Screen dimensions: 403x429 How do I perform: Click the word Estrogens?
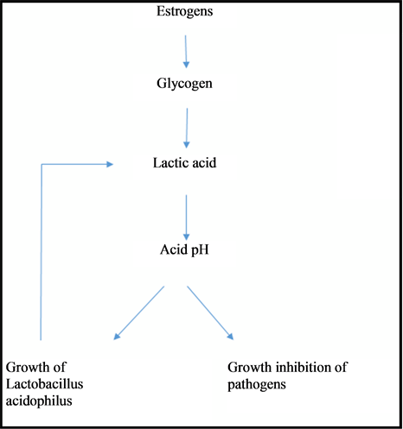pos(185,12)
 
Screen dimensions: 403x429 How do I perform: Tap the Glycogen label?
pos(184,84)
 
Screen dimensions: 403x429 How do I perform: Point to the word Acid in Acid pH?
pos(174,249)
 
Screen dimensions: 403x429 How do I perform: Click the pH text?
pos(200,250)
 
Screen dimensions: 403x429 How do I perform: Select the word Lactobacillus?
pos(45,384)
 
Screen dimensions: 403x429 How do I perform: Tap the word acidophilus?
pos(39,401)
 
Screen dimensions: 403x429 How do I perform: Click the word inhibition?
pos(304,368)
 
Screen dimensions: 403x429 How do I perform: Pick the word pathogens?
pos(257,385)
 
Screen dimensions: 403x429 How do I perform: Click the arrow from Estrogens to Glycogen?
pos(186,52)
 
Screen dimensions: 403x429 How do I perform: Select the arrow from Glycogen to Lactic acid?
pos(187,128)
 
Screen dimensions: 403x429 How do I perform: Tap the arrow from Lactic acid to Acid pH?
pos(186,218)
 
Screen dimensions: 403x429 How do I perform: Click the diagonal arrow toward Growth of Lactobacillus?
pos(139,313)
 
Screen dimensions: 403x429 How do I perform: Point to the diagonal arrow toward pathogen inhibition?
pos(210,313)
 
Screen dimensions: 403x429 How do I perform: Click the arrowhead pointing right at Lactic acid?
pos(110,164)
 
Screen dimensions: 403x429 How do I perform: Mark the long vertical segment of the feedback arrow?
pos(42,252)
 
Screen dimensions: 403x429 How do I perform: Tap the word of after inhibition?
pos(342,368)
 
